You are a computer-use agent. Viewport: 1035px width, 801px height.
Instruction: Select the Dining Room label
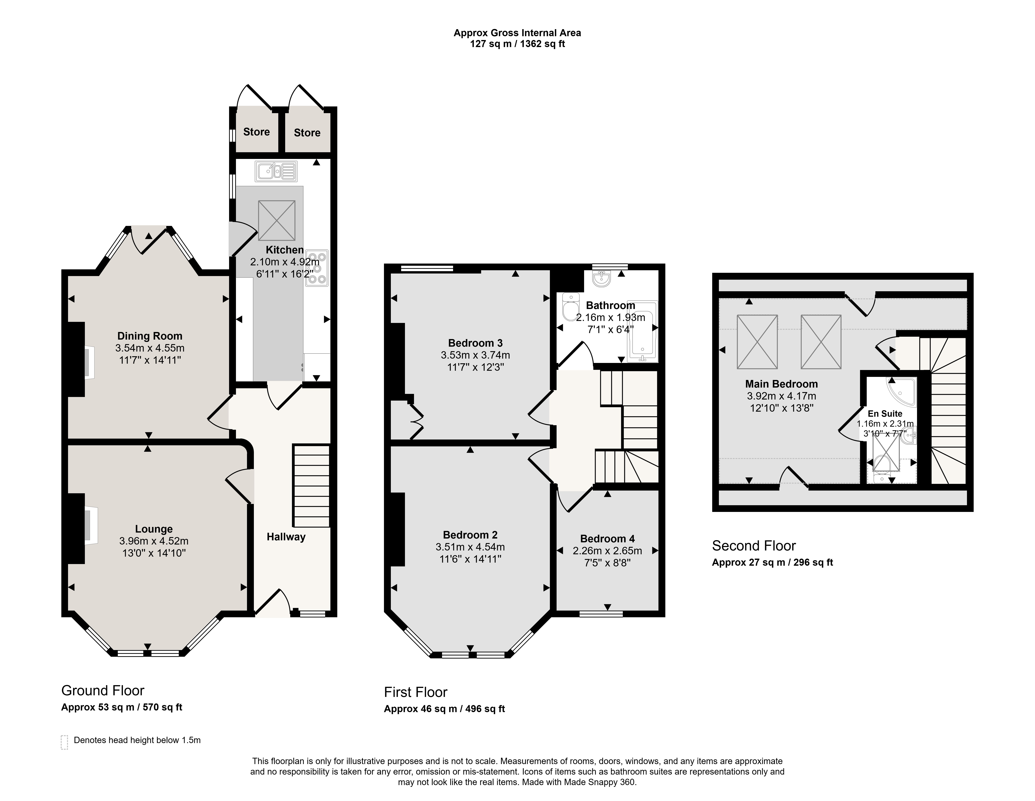click(x=150, y=336)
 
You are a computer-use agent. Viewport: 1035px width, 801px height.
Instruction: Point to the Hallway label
click(x=286, y=537)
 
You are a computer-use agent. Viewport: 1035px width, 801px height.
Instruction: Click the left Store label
click(x=256, y=132)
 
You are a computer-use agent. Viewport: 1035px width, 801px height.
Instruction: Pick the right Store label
click(x=307, y=133)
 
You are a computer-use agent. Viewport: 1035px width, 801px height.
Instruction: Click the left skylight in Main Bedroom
click(x=757, y=342)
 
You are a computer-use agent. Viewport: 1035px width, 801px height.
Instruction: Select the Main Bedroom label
click(x=781, y=384)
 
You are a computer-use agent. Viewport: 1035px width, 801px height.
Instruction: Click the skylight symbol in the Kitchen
click(x=276, y=220)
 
